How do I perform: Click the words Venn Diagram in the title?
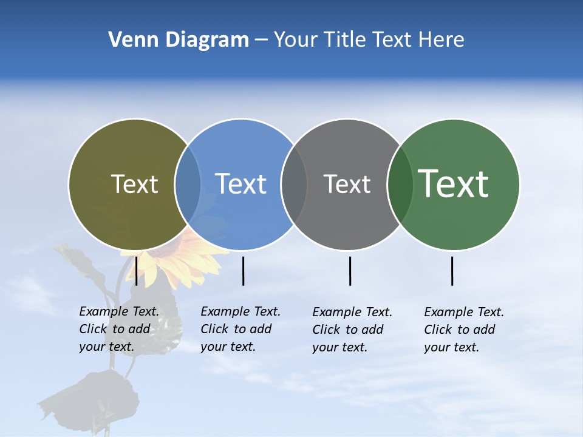click(179, 40)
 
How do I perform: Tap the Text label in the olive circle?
click(134, 184)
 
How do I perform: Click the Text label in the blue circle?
click(240, 184)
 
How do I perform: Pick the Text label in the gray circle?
click(347, 184)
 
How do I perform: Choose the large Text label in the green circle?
click(454, 183)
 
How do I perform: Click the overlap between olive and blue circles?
click(188, 185)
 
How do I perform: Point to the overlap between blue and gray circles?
click(294, 185)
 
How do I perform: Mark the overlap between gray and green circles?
click(400, 185)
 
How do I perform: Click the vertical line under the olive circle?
click(137, 271)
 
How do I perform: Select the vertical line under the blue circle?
click(243, 271)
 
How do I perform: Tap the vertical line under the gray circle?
click(350, 271)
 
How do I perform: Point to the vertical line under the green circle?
click(452, 271)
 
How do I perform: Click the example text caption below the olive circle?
click(118, 329)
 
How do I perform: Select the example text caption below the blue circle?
click(240, 329)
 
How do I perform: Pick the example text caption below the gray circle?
click(352, 330)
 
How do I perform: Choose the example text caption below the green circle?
click(463, 330)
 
